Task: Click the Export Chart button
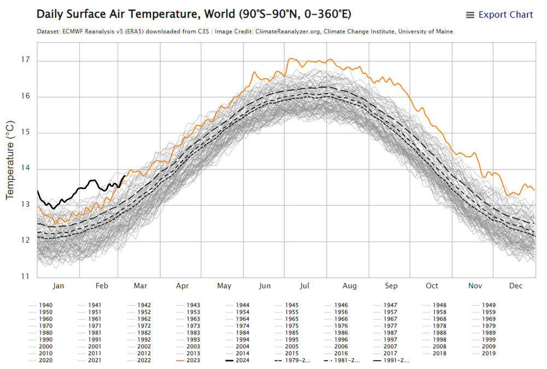tap(499, 15)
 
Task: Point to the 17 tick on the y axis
tap(25, 60)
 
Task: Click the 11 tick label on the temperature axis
tap(25, 277)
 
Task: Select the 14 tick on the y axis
tap(25, 168)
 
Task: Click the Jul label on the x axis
tap(305, 286)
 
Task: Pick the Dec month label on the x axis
tap(515, 286)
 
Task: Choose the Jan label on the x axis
tap(58, 286)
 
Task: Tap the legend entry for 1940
tap(45, 305)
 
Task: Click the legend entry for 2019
tap(488, 353)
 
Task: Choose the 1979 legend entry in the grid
tap(488, 326)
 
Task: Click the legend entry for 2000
tap(45, 347)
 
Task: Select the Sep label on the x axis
tap(391, 286)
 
